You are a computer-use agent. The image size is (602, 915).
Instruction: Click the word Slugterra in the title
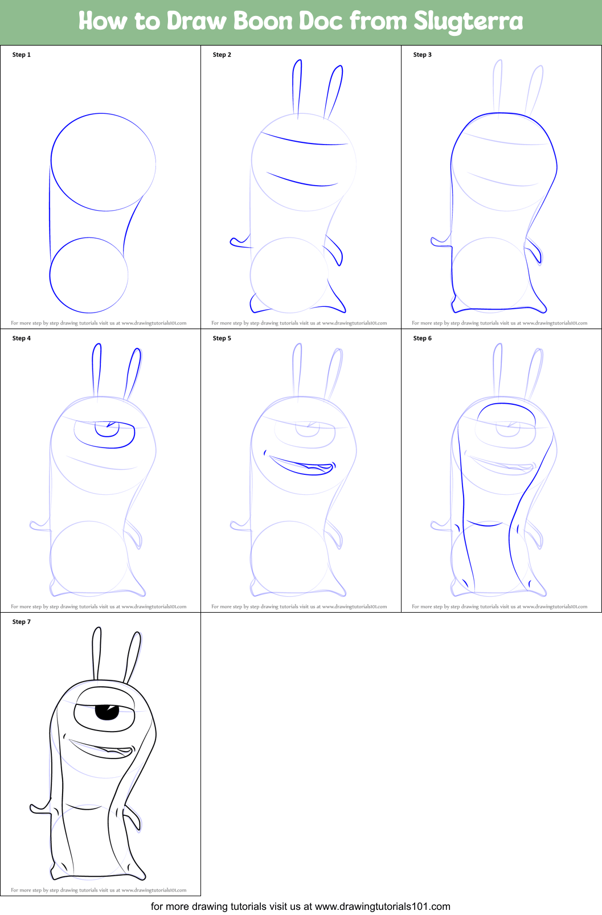coord(468,21)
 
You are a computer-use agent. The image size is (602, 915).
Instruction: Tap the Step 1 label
coord(21,55)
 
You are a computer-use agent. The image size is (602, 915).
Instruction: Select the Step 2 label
coord(222,55)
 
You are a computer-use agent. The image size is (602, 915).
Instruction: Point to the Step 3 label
coord(422,55)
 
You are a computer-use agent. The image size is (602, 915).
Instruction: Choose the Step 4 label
coord(21,338)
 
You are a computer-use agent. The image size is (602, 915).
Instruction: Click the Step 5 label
coord(222,338)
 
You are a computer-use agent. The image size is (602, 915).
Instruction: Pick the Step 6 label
coord(422,338)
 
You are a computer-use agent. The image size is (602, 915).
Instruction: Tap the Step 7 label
coord(21,622)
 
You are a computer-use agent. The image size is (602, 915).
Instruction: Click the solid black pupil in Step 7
coord(107,712)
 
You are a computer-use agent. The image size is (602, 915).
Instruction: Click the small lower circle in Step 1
coord(50,275)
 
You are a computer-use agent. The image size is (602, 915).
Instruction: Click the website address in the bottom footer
coord(383,906)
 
